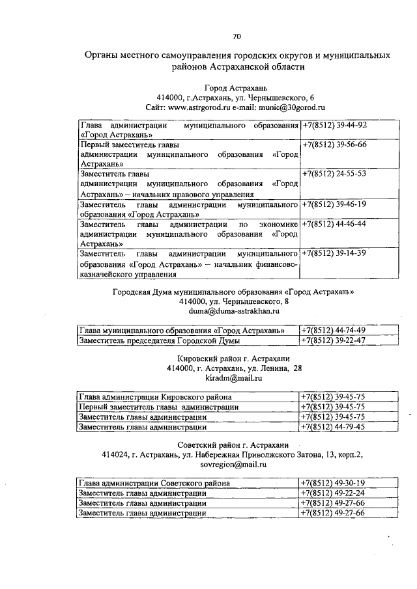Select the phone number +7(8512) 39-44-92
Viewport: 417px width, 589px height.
click(334, 125)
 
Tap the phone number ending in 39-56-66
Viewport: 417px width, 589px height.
click(334, 144)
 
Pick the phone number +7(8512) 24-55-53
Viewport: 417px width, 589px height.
click(334, 174)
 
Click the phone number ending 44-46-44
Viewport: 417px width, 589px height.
click(334, 224)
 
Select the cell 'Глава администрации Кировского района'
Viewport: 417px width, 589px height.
click(156, 396)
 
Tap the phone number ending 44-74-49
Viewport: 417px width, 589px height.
click(334, 331)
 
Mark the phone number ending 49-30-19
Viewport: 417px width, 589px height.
click(334, 484)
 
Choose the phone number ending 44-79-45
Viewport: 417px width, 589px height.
click(334, 427)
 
